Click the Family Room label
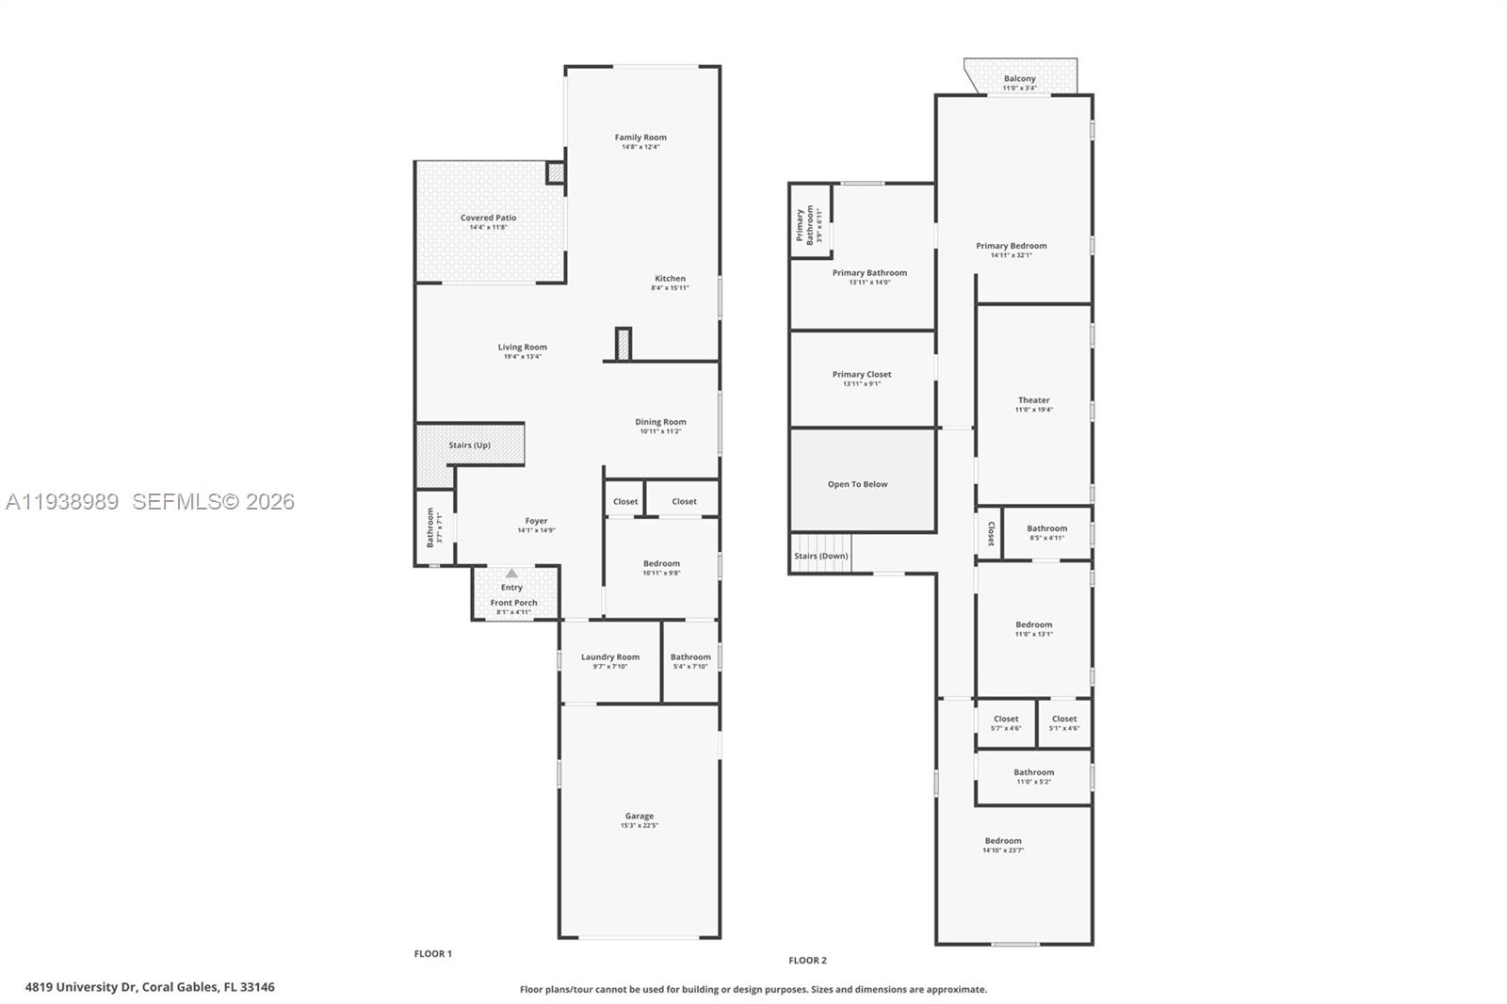click(640, 138)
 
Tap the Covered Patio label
click(488, 218)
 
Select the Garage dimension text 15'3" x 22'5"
click(639, 826)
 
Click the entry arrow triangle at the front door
click(511, 573)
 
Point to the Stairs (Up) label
click(469, 445)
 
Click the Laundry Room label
click(609, 657)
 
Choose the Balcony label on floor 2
click(1019, 79)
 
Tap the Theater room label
click(1033, 400)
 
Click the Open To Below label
click(857, 484)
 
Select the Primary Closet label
click(861, 375)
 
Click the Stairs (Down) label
click(820, 556)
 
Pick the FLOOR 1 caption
click(433, 954)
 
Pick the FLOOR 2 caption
click(807, 961)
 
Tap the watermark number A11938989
click(62, 502)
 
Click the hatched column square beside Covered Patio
click(556, 173)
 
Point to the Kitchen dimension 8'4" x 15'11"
click(670, 288)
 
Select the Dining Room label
click(660, 422)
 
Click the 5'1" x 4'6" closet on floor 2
click(1064, 723)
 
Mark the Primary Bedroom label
click(1011, 246)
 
